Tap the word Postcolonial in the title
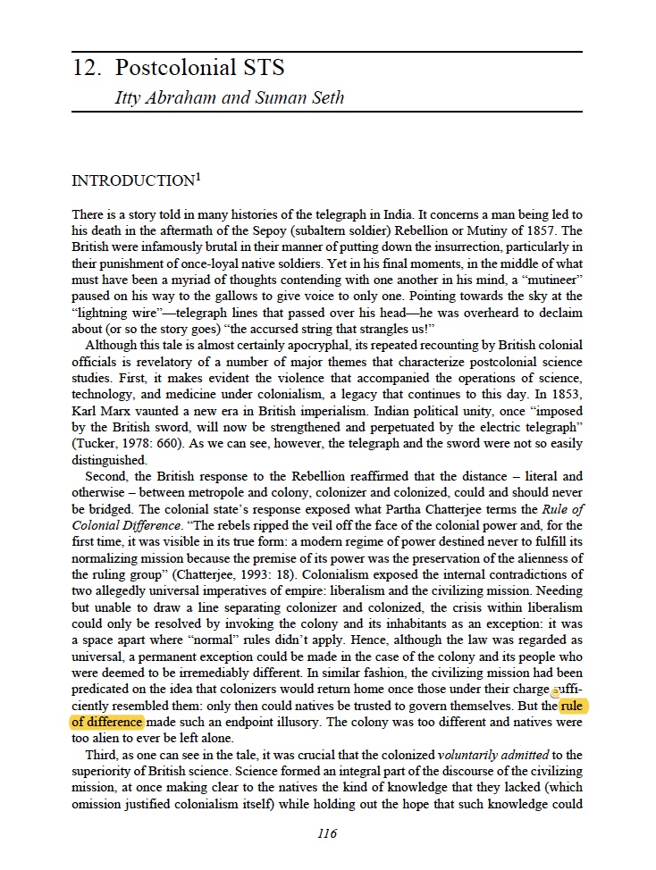(x=162, y=69)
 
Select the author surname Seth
(x=326, y=97)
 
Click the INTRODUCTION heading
(x=132, y=181)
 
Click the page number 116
(x=327, y=834)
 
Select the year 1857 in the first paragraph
(x=526, y=231)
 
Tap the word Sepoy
(x=307, y=231)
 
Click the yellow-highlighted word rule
(x=575, y=706)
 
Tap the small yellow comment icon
(x=555, y=692)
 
